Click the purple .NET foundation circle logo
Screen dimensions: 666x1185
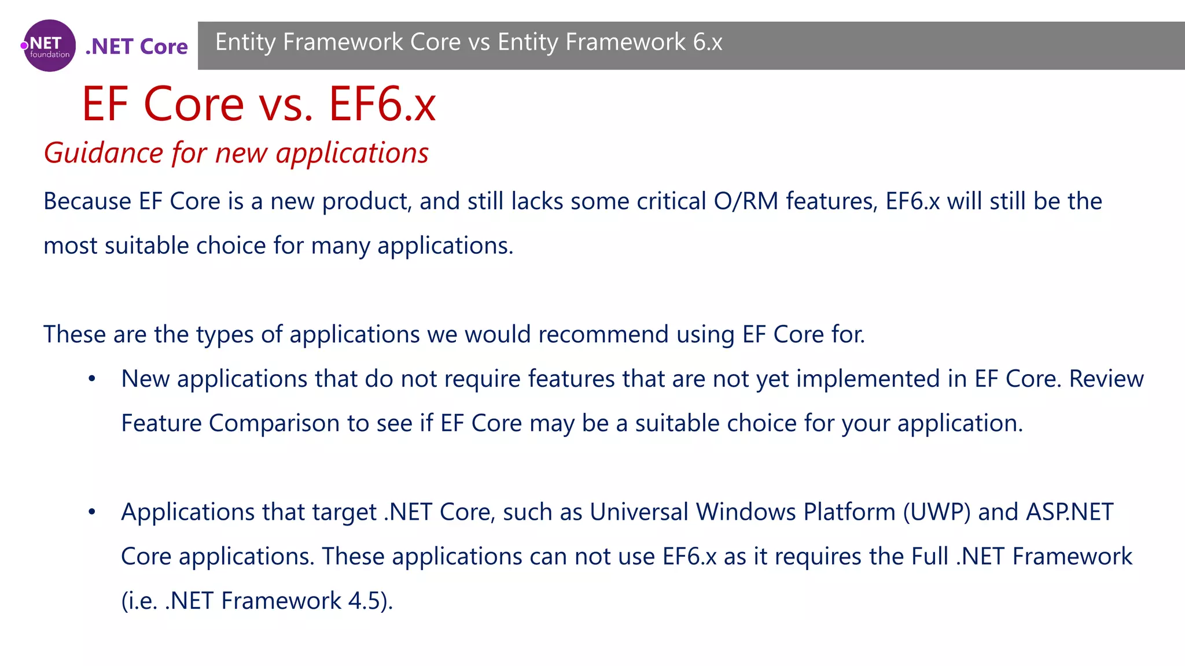pos(50,46)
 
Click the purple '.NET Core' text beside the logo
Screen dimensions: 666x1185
pos(137,46)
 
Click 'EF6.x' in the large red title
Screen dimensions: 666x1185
pos(382,104)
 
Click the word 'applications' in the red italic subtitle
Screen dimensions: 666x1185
pos(352,153)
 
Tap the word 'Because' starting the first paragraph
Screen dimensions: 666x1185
pos(87,201)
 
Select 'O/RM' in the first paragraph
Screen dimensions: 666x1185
pos(746,201)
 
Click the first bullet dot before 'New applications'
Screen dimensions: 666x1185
pos(91,379)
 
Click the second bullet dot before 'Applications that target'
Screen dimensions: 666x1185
pos(91,512)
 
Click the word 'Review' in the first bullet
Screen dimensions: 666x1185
pos(1106,379)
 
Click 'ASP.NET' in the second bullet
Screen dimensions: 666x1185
pos(1069,512)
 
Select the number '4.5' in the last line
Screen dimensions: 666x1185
pos(363,601)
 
